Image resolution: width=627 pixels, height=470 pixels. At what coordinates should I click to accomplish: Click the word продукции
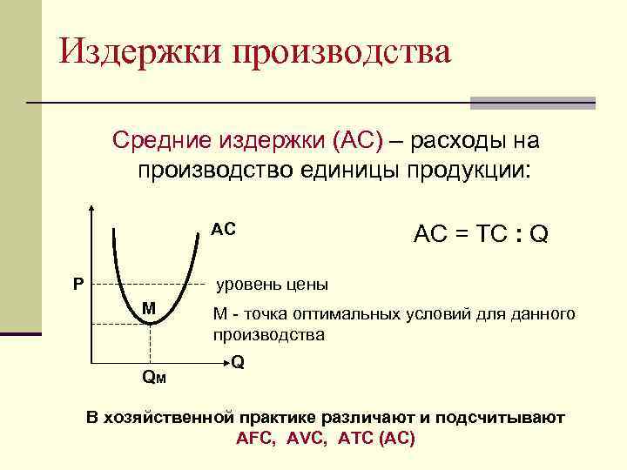point(461,168)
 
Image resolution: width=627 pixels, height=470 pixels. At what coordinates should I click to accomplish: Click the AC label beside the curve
point(224,231)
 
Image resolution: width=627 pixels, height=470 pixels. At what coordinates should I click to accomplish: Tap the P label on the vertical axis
point(78,283)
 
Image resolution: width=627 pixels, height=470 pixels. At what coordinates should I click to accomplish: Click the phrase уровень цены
point(272,285)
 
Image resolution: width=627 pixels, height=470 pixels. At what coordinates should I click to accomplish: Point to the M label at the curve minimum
point(149,308)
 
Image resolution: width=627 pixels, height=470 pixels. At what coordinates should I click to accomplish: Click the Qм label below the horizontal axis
point(154,376)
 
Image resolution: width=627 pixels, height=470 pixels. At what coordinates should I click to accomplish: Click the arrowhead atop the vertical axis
point(91,210)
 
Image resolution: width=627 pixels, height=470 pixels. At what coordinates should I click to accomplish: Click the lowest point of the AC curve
point(151,323)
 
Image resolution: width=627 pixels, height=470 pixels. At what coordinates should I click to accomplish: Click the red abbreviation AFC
point(256,438)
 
